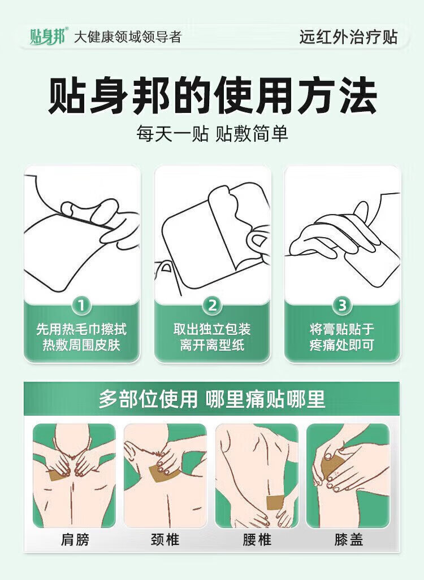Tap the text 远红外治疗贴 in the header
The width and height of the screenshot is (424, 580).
point(348,37)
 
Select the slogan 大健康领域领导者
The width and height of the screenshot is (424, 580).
point(128,37)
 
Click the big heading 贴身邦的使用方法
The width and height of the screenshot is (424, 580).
point(212,96)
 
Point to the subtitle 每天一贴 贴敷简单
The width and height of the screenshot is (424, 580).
point(212,133)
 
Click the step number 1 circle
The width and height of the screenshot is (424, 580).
point(81,306)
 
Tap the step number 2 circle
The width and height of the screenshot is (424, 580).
point(212,306)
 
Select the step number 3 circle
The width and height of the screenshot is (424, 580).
point(342,306)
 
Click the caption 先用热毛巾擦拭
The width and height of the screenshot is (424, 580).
point(81,329)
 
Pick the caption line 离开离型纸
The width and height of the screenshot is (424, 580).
point(212,345)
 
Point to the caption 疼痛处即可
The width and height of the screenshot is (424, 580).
point(342,345)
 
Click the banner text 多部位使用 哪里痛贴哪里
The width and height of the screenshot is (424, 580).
point(212,399)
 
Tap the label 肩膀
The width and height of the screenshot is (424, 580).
point(75,539)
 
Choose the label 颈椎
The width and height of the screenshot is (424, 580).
point(166,539)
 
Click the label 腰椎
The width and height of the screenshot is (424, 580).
point(257,539)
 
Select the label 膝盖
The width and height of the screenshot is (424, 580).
point(348,539)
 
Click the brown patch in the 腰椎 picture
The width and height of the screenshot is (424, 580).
point(275,502)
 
